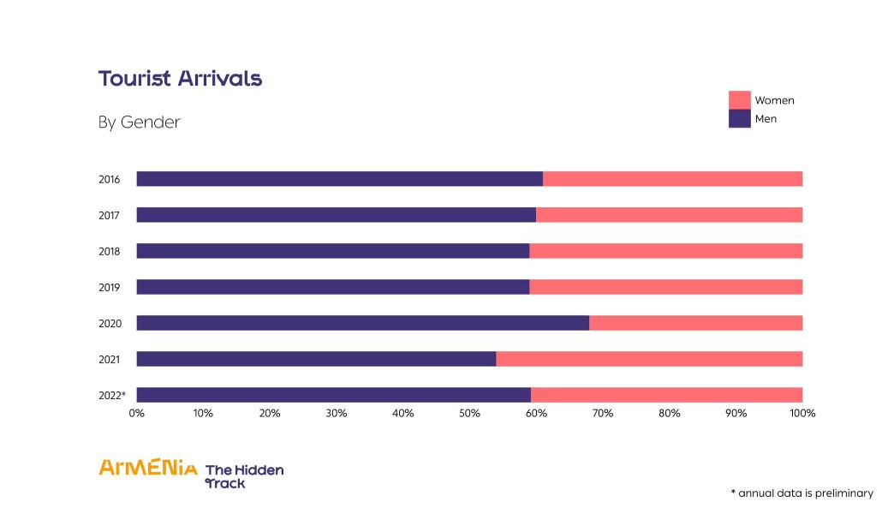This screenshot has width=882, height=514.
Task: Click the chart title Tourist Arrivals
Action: click(180, 79)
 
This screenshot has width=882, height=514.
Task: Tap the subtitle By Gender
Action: click(139, 123)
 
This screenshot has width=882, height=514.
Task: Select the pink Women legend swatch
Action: click(739, 100)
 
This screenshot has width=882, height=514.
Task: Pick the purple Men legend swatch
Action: click(739, 119)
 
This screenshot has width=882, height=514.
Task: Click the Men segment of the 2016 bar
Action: click(339, 179)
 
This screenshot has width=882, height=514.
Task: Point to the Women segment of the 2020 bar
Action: click(695, 323)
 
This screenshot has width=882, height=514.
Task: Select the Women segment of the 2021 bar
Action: click(649, 359)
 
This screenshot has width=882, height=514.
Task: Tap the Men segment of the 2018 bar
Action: click(332, 251)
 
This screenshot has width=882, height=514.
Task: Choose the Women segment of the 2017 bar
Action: click(669, 215)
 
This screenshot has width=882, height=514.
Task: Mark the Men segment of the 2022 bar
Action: click(333, 395)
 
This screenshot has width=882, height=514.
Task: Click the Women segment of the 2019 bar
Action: click(665, 287)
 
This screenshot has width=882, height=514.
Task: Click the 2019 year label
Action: click(109, 288)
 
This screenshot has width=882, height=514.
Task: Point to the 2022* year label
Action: click(111, 396)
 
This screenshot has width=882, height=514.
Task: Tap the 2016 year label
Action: click(109, 180)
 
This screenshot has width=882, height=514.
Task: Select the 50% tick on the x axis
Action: click(469, 414)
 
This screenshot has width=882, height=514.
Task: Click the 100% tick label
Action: click(802, 414)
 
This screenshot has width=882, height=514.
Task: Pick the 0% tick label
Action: click(137, 414)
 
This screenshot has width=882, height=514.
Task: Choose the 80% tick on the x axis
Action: click(670, 414)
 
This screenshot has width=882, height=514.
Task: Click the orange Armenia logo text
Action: click(148, 468)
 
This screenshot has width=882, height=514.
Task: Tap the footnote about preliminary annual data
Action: click(802, 493)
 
